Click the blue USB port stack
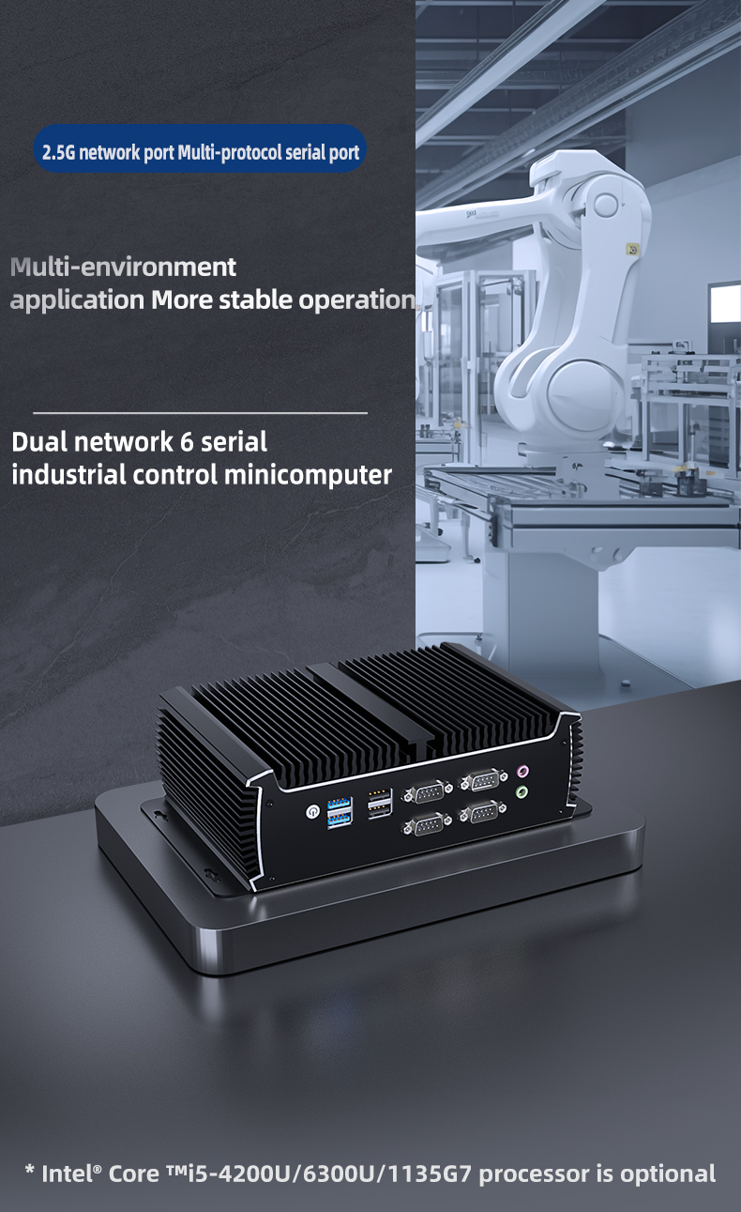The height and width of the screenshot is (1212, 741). (x=340, y=812)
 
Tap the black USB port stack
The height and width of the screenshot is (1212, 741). (x=380, y=803)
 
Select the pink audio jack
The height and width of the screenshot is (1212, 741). (x=522, y=771)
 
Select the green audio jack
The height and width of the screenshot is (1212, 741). (x=522, y=792)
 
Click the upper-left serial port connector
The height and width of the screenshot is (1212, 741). (x=427, y=792)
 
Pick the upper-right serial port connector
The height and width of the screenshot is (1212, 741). (x=483, y=780)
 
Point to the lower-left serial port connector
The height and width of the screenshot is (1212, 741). (x=427, y=824)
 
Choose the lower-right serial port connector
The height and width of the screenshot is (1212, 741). (x=483, y=812)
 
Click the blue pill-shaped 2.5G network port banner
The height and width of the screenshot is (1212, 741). (x=200, y=148)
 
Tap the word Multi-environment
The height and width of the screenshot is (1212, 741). (x=123, y=267)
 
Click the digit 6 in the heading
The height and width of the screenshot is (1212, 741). (x=187, y=442)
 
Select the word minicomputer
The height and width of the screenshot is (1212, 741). (x=308, y=474)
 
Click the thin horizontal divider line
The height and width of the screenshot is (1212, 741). (x=200, y=413)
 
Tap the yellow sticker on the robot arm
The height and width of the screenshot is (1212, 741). (x=632, y=250)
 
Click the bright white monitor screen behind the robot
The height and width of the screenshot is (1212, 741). (x=725, y=303)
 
